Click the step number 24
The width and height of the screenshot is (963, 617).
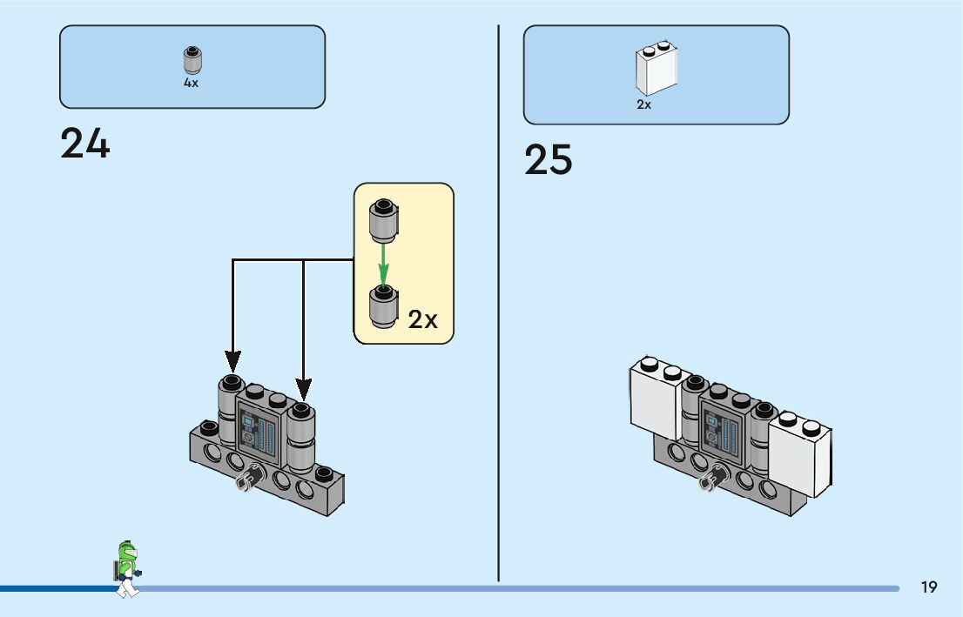[x=85, y=144]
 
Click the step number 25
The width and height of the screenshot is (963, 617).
[x=549, y=160]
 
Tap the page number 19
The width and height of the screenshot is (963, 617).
[x=929, y=587]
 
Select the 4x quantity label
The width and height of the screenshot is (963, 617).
[x=191, y=83]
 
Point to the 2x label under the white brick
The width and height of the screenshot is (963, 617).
[x=643, y=104]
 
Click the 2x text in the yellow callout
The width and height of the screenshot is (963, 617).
[x=423, y=319]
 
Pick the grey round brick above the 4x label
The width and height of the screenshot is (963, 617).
[x=192, y=60]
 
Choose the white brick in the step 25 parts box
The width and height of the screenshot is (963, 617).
[x=657, y=69]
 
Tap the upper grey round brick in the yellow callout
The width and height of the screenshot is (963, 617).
[x=383, y=220]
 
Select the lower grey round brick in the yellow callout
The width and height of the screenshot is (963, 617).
[x=383, y=306]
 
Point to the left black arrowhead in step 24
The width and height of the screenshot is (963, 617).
[x=232, y=359]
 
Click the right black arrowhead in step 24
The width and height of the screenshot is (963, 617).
[x=303, y=385]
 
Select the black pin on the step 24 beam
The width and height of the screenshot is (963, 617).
[x=249, y=478]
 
